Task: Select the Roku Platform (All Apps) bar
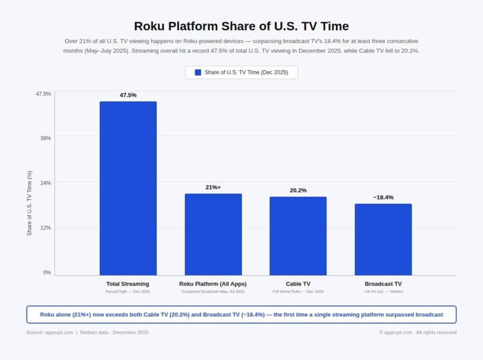(213, 234)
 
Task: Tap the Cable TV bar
(298, 235)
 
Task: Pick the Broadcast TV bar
(383, 239)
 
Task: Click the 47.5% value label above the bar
(128, 95)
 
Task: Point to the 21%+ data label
(213, 187)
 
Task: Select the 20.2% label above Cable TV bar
(298, 190)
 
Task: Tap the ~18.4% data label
(383, 197)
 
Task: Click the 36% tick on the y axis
(45, 138)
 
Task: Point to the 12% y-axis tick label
(45, 228)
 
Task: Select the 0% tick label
(47, 272)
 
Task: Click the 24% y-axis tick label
(45, 183)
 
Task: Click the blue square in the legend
(198, 73)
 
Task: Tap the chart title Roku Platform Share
(241, 25)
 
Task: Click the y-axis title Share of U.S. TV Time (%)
(30, 203)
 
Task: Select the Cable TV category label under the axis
(298, 284)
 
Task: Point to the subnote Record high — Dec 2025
(128, 292)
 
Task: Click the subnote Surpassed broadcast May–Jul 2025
(213, 292)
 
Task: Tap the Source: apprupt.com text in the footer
(50, 332)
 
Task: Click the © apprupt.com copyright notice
(396, 332)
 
